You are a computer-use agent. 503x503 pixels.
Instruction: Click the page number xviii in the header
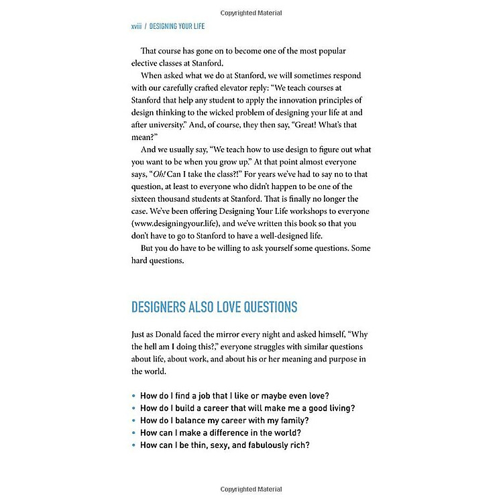[137, 27]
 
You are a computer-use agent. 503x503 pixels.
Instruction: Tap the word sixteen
[146, 199]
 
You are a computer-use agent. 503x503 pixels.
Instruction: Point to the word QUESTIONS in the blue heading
[265, 307]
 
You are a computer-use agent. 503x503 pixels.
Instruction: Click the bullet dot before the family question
[133, 421]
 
